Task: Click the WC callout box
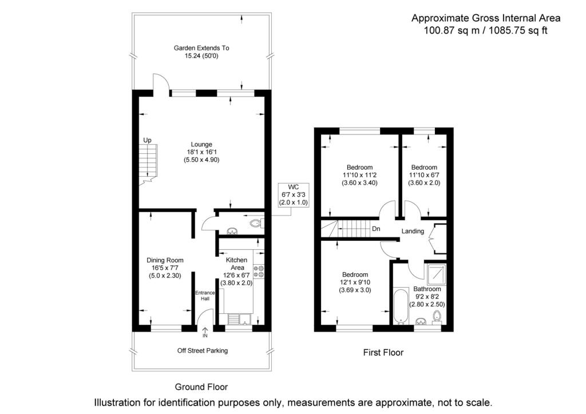pos(293,194)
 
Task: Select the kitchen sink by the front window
pos(236,319)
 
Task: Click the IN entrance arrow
pos(204,332)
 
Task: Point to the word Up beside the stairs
pos(147,140)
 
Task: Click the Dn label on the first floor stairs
pos(376,229)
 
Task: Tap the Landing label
pos(412,232)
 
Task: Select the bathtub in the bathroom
pos(399,306)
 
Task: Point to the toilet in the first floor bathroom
pos(438,316)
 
